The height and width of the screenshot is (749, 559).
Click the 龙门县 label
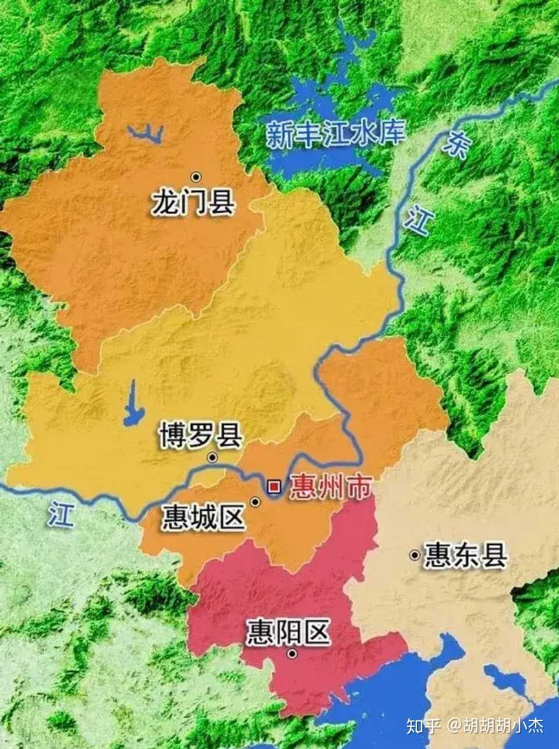(x=193, y=202)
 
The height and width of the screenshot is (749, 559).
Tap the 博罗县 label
(x=200, y=436)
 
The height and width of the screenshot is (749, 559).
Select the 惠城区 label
(x=203, y=517)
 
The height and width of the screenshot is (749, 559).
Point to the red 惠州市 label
(x=330, y=486)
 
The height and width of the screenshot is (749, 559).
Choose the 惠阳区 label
(x=288, y=632)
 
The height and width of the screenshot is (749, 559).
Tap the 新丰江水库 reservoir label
(x=335, y=133)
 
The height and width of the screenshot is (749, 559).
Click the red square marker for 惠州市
(x=274, y=486)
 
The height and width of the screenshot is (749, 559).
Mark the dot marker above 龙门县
(x=196, y=176)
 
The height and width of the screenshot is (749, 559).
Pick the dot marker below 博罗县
(x=213, y=458)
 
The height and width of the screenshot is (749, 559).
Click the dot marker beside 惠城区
(x=255, y=501)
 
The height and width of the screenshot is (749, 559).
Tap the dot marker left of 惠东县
(x=415, y=556)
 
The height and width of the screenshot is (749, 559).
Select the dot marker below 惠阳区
(x=292, y=654)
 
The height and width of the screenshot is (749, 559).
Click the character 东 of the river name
(x=455, y=144)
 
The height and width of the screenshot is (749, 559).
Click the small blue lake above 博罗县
(x=133, y=405)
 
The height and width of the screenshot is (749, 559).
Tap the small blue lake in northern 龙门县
(x=146, y=134)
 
